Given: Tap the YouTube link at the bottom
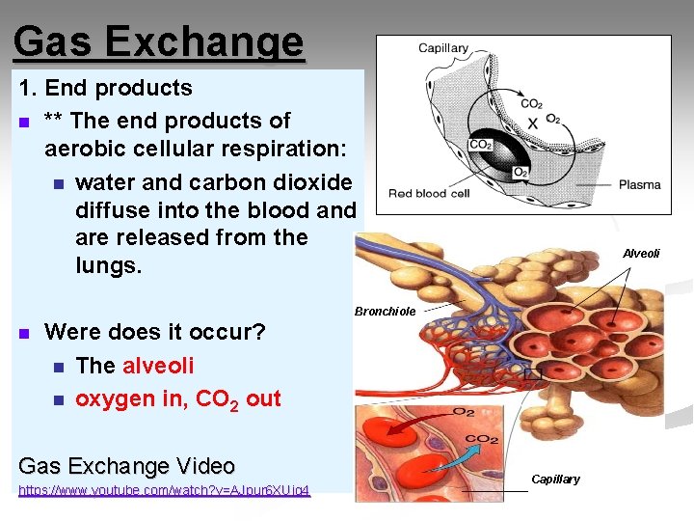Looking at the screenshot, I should [x=164, y=490].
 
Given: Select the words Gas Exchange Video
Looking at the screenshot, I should [x=126, y=466].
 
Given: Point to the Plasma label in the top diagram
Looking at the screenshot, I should [x=639, y=184].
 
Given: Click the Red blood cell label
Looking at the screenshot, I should [x=429, y=194].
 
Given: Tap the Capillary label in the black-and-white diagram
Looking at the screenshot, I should [x=442, y=48].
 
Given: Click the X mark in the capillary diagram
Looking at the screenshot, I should [x=532, y=123].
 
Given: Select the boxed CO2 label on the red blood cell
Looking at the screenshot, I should [x=480, y=145].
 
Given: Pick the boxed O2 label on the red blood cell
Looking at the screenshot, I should [x=520, y=173].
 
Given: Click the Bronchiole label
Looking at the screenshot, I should [x=385, y=312].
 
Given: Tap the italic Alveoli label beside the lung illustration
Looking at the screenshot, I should [x=641, y=254].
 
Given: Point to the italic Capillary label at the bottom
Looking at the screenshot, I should [x=555, y=480].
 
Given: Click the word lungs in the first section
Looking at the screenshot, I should [x=108, y=264].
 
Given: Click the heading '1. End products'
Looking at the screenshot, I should [x=106, y=88].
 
